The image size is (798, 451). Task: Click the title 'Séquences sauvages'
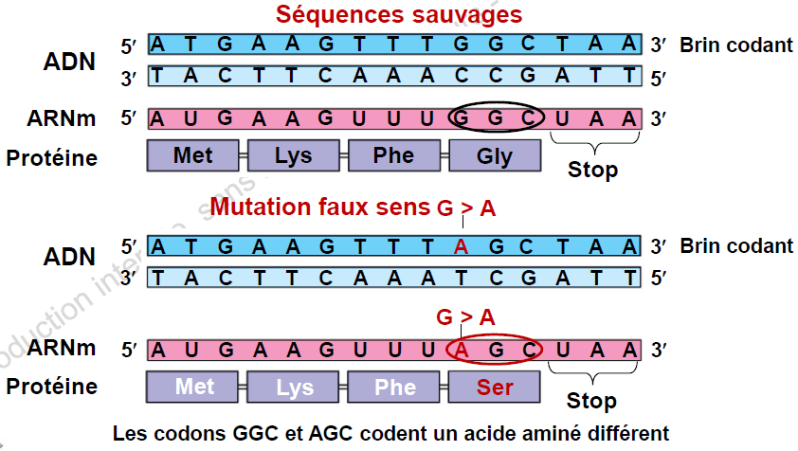click(398, 15)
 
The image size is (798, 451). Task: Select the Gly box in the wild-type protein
click(495, 156)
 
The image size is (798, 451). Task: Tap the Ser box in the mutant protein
click(495, 388)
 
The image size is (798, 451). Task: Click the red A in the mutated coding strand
click(462, 247)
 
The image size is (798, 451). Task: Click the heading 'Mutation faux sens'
click(319, 207)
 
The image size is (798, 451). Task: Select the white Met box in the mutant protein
click(194, 388)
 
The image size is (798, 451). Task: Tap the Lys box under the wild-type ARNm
click(294, 156)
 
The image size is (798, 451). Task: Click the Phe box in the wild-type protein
click(394, 156)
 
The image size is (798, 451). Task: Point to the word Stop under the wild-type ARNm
click(592, 171)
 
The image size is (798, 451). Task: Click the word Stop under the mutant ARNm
click(592, 402)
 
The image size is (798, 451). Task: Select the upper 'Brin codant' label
click(736, 45)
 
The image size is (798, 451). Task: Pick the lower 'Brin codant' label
click(736, 246)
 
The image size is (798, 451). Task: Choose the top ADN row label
click(69, 61)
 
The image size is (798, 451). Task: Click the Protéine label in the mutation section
click(52, 387)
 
